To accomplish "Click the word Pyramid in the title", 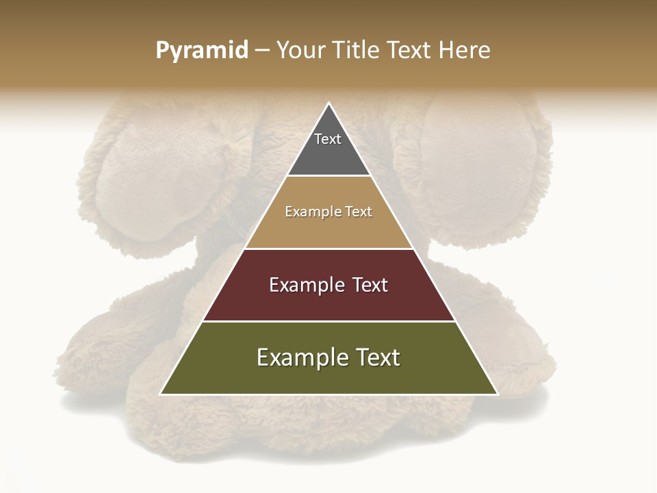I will pyautogui.click(x=202, y=51).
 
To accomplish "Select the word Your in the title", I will pyautogui.click(x=301, y=51).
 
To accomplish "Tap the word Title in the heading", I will pyautogui.click(x=357, y=51).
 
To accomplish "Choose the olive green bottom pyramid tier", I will pyautogui.click(x=328, y=377).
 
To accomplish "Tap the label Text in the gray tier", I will pyautogui.click(x=328, y=139).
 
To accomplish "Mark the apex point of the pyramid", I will pyautogui.click(x=329, y=103).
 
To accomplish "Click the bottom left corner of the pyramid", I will pyautogui.click(x=160, y=394).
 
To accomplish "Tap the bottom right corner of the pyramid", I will pyautogui.click(x=498, y=394).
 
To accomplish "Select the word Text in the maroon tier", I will pyautogui.click(x=365, y=285).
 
